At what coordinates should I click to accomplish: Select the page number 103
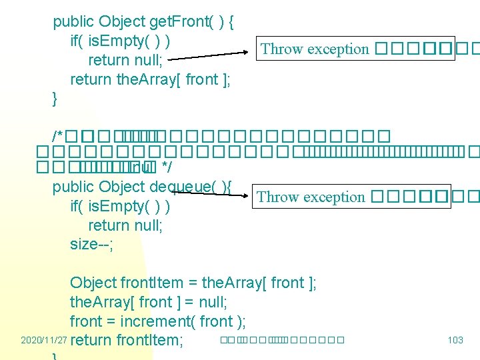coord(455,340)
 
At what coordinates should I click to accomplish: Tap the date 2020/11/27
coord(44,340)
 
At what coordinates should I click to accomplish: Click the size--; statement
coord(92,244)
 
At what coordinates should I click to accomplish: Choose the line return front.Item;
coord(127,341)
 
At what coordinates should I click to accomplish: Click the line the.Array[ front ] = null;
coord(149,302)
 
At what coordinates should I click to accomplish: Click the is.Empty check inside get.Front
coord(120,41)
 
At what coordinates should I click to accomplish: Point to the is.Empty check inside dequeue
coord(120,206)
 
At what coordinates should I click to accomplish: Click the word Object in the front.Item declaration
coord(93,283)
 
